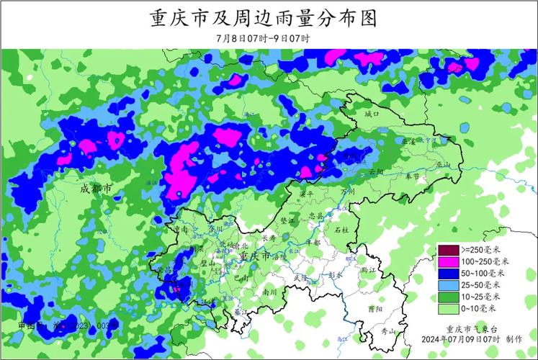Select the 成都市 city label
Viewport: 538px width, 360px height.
coord(95,188)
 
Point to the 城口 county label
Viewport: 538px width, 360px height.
coord(371,114)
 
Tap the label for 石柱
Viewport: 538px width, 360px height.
coord(341,229)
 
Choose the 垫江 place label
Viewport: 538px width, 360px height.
coord(287,221)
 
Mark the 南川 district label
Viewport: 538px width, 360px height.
coord(269,292)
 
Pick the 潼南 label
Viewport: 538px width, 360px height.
coord(181,228)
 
